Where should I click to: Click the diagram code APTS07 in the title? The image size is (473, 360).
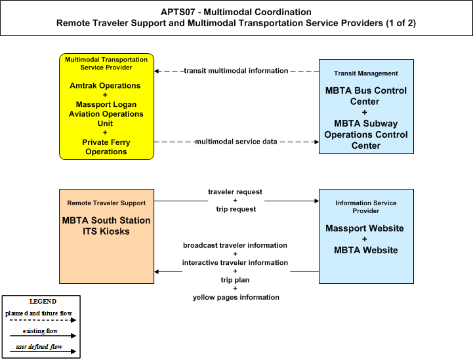pyautogui.click(x=178, y=12)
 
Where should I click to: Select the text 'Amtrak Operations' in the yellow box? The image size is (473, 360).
pyautogui.click(x=105, y=86)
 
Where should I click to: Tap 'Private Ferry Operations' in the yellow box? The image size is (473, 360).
pyautogui.click(x=106, y=147)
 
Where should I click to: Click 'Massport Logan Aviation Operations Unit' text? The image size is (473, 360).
pyautogui.click(x=106, y=114)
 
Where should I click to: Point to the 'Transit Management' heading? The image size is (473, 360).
pyautogui.click(x=366, y=73)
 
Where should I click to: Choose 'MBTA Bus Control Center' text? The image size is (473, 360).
pyautogui.click(x=366, y=96)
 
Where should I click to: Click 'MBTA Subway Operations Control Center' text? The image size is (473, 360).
pyautogui.click(x=366, y=134)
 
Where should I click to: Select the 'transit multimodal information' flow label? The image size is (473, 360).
pyautogui.click(x=236, y=71)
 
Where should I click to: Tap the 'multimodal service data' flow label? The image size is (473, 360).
pyautogui.click(x=236, y=142)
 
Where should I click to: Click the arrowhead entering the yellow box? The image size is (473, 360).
pyautogui.click(x=156, y=71)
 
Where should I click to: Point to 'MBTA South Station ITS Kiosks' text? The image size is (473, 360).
pyautogui.click(x=106, y=226)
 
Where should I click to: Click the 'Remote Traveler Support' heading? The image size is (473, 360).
pyautogui.click(x=106, y=203)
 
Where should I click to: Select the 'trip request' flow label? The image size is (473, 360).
pyautogui.click(x=236, y=209)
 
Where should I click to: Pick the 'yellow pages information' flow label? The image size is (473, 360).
pyautogui.click(x=236, y=297)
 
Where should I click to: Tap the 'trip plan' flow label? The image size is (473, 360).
pyautogui.click(x=235, y=280)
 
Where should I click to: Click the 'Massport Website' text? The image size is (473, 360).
pyautogui.click(x=364, y=228)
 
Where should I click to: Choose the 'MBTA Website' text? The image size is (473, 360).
pyautogui.click(x=366, y=250)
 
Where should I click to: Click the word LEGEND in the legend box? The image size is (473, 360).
pyautogui.click(x=43, y=302)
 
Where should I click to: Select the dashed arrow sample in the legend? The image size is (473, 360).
pyautogui.click(x=43, y=320)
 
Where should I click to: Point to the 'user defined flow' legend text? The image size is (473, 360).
pyautogui.click(x=39, y=347)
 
